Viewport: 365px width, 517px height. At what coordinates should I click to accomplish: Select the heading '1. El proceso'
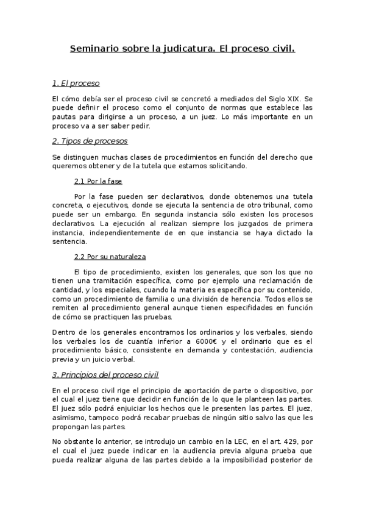pyautogui.click(x=76, y=83)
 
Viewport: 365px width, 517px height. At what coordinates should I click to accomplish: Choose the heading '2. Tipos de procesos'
pyautogui.click(x=90, y=141)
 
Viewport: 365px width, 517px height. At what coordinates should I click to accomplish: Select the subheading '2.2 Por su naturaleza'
pyautogui.click(x=110, y=256)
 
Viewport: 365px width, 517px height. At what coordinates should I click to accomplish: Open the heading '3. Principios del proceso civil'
pyautogui.click(x=105, y=375)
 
